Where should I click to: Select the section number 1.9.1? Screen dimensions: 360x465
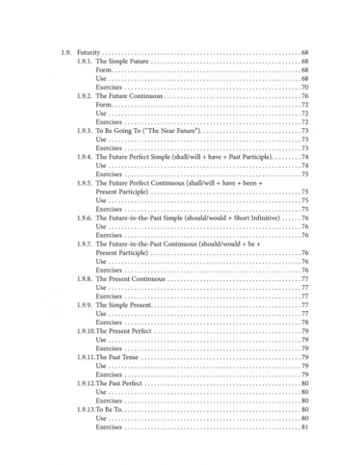84,61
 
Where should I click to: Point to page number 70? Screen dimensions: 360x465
304,88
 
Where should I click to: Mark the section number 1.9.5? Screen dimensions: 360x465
84,183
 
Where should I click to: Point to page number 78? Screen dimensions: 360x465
304,322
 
